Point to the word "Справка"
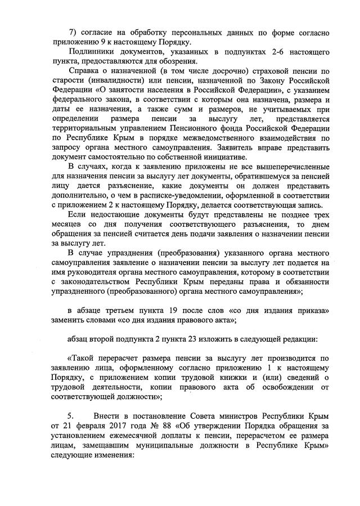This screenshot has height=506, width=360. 84,72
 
